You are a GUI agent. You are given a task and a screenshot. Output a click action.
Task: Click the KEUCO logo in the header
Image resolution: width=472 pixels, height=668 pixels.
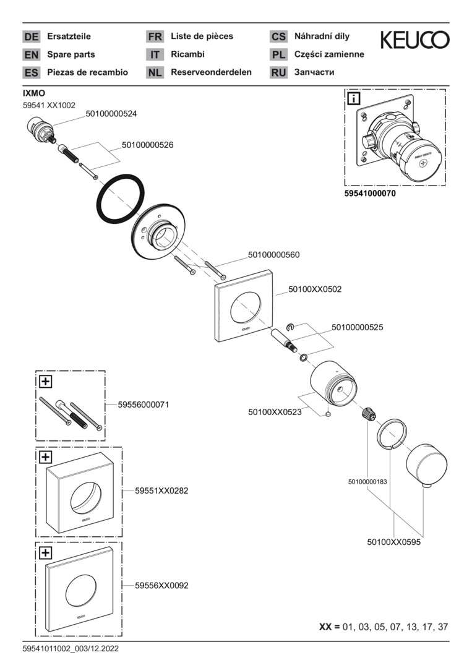pos(414,41)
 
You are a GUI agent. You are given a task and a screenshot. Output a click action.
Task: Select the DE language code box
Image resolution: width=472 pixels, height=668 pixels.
pos(31,37)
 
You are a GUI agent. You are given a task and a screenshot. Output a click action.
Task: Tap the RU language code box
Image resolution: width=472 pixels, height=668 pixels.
pos(278,73)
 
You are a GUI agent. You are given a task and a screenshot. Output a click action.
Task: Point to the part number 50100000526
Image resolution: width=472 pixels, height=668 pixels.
pos(147,145)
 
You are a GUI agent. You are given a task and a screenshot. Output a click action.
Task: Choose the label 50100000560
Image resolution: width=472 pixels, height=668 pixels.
pos(273,254)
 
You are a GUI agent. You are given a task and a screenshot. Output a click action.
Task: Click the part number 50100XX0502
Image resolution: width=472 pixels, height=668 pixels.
pos(315,289)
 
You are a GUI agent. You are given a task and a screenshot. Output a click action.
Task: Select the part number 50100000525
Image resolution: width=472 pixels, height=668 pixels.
pos(358,327)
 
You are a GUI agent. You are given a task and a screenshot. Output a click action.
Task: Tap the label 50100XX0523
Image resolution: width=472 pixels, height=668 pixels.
pos(275,411)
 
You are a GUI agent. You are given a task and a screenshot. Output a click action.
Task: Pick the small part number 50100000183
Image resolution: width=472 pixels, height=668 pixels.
pos(367,482)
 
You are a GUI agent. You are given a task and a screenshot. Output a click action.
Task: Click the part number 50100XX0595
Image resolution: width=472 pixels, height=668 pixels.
pos(393,542)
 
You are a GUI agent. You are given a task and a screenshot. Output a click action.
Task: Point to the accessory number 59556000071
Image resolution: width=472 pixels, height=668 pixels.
pos(144,405)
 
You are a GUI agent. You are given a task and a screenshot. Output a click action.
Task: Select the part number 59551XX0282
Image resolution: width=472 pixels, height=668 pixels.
pos(161,490)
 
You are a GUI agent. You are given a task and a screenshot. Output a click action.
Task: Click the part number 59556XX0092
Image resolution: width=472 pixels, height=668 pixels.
pos(161,584)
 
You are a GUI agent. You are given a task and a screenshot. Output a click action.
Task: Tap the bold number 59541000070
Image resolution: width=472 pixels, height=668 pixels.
pos(370,194)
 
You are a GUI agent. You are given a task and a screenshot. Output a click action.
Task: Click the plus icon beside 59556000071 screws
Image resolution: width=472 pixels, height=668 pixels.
pos(45,382)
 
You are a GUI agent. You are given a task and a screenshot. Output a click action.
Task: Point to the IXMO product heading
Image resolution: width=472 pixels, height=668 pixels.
pos(33,93)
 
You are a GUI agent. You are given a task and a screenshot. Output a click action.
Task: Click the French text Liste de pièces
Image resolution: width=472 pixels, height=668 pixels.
pos(202,36)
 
